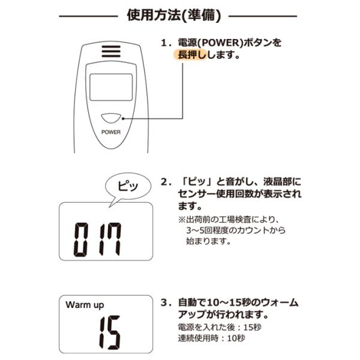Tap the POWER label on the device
[111, 132]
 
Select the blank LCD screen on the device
[110, 87]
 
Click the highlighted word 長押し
[191, 55]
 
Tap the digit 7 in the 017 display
[112, 238]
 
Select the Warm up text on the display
[85, 305]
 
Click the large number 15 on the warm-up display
[109, 333]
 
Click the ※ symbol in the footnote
[182, 219]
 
